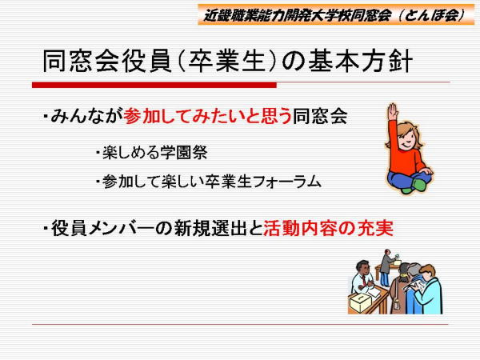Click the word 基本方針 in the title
[360, 62]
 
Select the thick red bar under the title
[154, 85]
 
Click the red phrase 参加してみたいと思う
[208, 116]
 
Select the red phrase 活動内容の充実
[328, 228]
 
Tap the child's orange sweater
[406, 153]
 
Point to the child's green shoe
[418, 184]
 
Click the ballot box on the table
[361, 302]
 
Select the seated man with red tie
[363, 278]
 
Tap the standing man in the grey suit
[386, 267]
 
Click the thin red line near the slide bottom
[240, 324]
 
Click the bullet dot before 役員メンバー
[46, 228]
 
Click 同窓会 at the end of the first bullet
[320, 116]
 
